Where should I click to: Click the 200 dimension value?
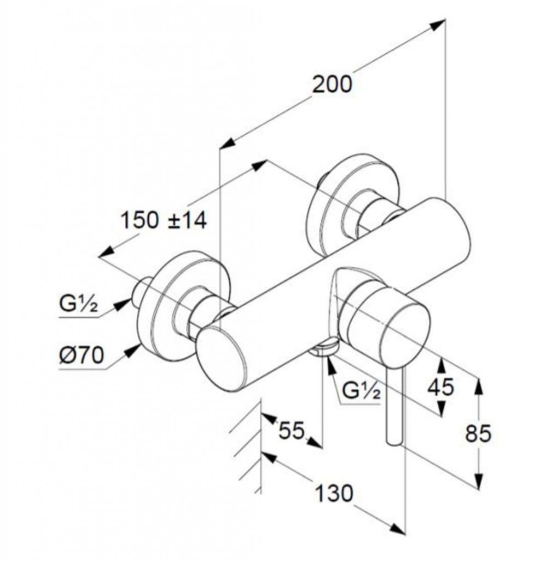tap(332, 85)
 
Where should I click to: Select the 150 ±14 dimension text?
tap(164, 221)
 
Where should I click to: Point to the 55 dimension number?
tap(290, 430)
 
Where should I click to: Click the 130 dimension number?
tap(334, 494)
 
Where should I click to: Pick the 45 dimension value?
tap(440, 387)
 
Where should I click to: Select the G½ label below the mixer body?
tap(361, 391)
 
